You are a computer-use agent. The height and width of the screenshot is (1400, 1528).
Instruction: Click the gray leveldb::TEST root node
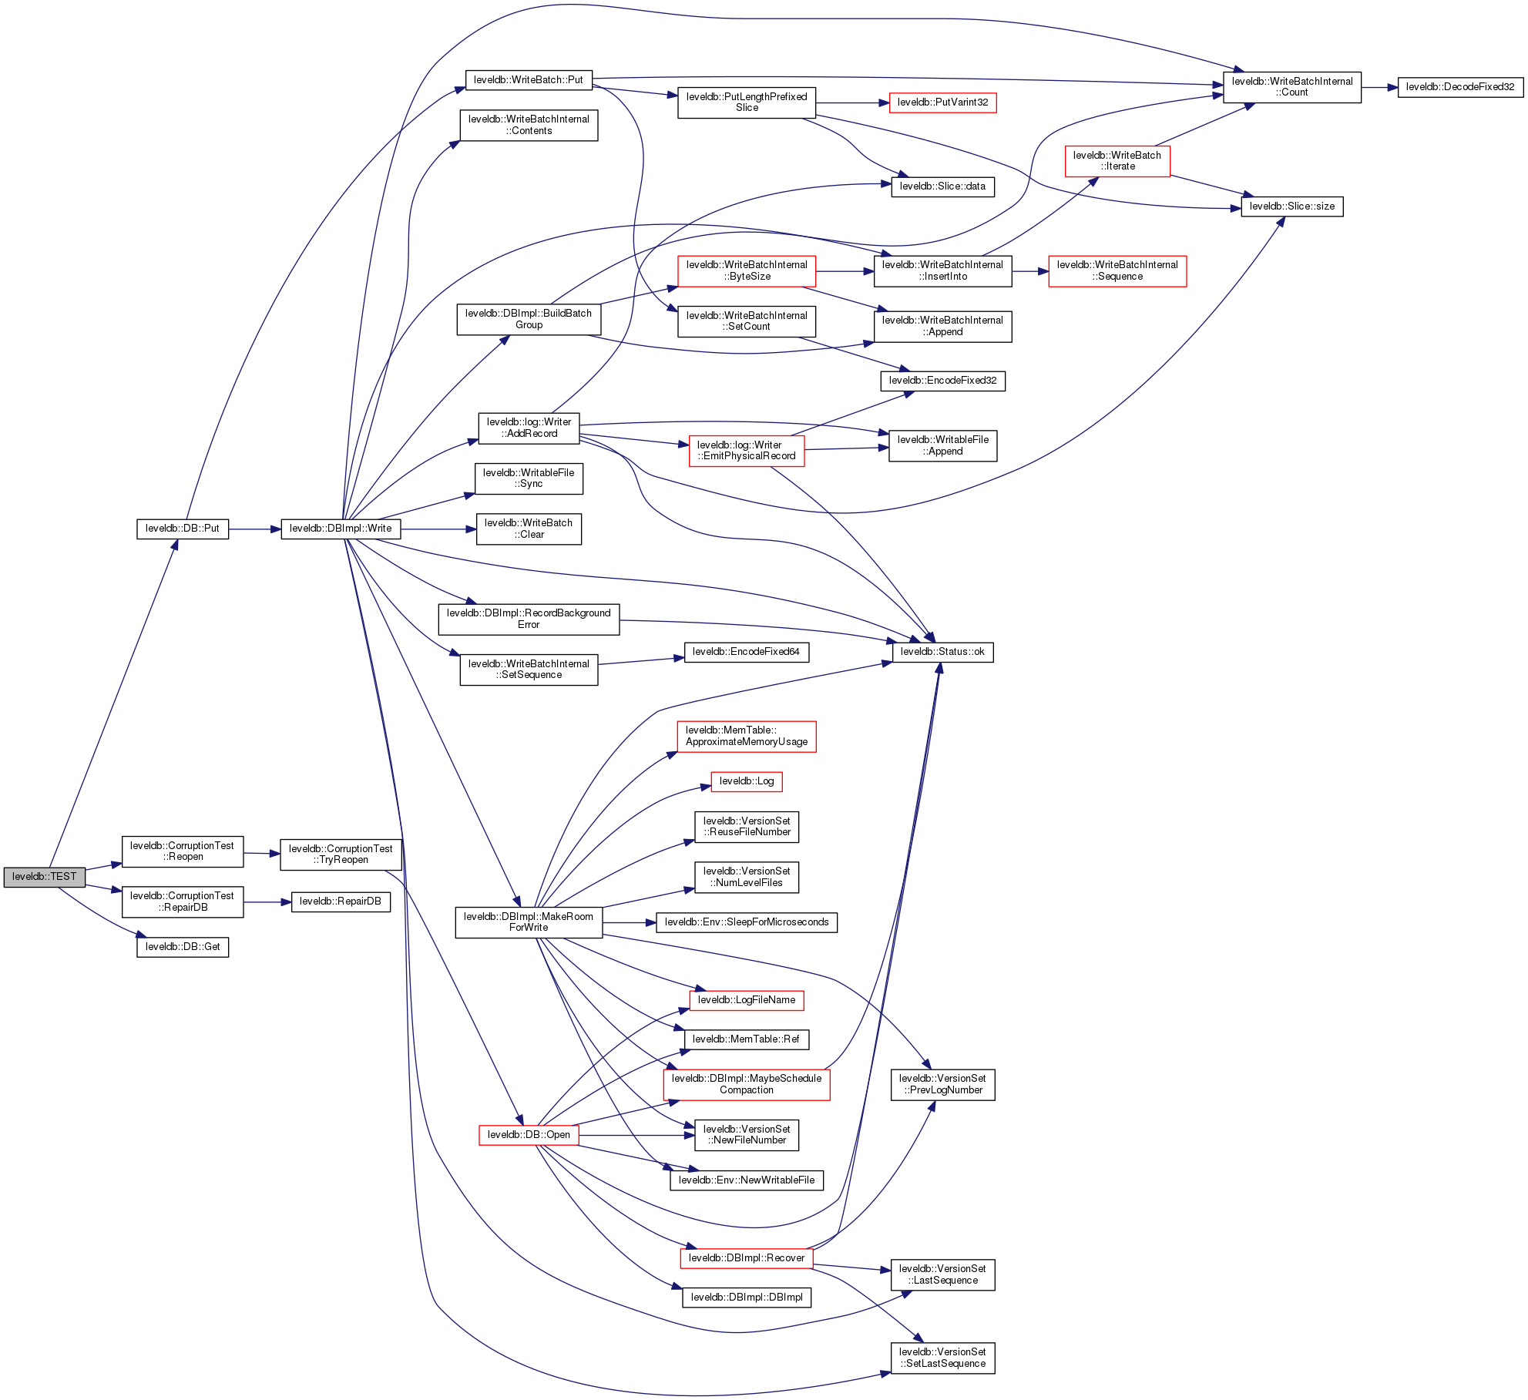(44, 877)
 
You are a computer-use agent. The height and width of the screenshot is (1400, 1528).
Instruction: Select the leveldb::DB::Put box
(183, 529)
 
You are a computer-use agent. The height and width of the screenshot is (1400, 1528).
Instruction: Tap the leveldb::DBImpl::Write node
(341, 529)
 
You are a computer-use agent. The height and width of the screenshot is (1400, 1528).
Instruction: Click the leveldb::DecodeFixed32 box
(1459, 87)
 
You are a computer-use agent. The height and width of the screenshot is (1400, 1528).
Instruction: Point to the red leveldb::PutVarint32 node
(942, 102)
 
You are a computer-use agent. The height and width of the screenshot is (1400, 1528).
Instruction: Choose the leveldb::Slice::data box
(942, 186)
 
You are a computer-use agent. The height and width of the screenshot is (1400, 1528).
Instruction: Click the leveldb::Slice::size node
(1291, 206)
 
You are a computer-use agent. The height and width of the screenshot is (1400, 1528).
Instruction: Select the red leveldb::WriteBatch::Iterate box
(1117, 161)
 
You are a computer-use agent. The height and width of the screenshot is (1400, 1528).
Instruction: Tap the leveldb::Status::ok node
(942, 652)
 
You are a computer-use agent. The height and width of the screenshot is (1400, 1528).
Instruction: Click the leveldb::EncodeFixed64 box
(746, 652)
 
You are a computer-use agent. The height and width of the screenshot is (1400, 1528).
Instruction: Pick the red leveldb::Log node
(746, 781)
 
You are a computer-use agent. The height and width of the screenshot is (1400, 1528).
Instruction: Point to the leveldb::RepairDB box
(341, 901)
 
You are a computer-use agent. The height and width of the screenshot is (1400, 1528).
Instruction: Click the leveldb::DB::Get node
(183, 947)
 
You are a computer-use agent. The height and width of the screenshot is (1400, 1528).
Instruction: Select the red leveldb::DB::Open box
(529, 1135)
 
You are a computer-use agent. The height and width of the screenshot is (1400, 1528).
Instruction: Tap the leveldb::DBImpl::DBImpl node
(746, 1298)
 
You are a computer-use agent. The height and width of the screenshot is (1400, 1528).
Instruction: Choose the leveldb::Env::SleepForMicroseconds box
(746, 922)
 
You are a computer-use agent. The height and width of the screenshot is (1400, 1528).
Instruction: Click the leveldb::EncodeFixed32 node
(942, 381)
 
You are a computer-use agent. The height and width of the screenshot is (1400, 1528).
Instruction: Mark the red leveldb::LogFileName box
(746, 1000)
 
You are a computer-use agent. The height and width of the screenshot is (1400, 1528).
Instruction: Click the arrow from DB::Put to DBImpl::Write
(254, 529)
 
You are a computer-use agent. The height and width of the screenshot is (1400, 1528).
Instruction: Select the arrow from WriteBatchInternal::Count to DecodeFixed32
(1379, 88)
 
